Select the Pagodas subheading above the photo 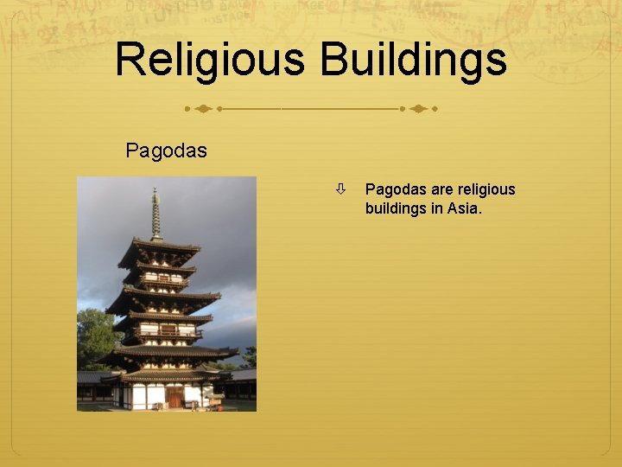click(166, 150)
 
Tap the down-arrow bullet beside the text click(342, 189)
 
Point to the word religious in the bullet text click(486, 189)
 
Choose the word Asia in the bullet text click(463, 208)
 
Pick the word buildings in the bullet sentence click(397, 208)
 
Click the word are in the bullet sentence click(442, 189)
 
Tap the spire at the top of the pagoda click(155, 212)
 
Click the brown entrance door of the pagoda click(175, 396)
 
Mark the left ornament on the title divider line click(201, 110)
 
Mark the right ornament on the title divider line click(419, 110)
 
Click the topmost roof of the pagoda click(159, 248)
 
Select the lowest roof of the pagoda click(168, 376)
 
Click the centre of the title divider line click(310, 110)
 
